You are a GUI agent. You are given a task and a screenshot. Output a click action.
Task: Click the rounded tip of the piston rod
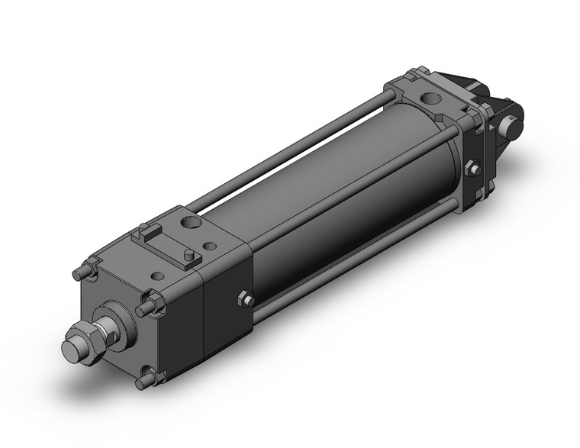72,353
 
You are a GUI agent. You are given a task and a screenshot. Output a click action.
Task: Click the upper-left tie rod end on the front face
79,272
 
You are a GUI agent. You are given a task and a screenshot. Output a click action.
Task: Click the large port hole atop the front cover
188,223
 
